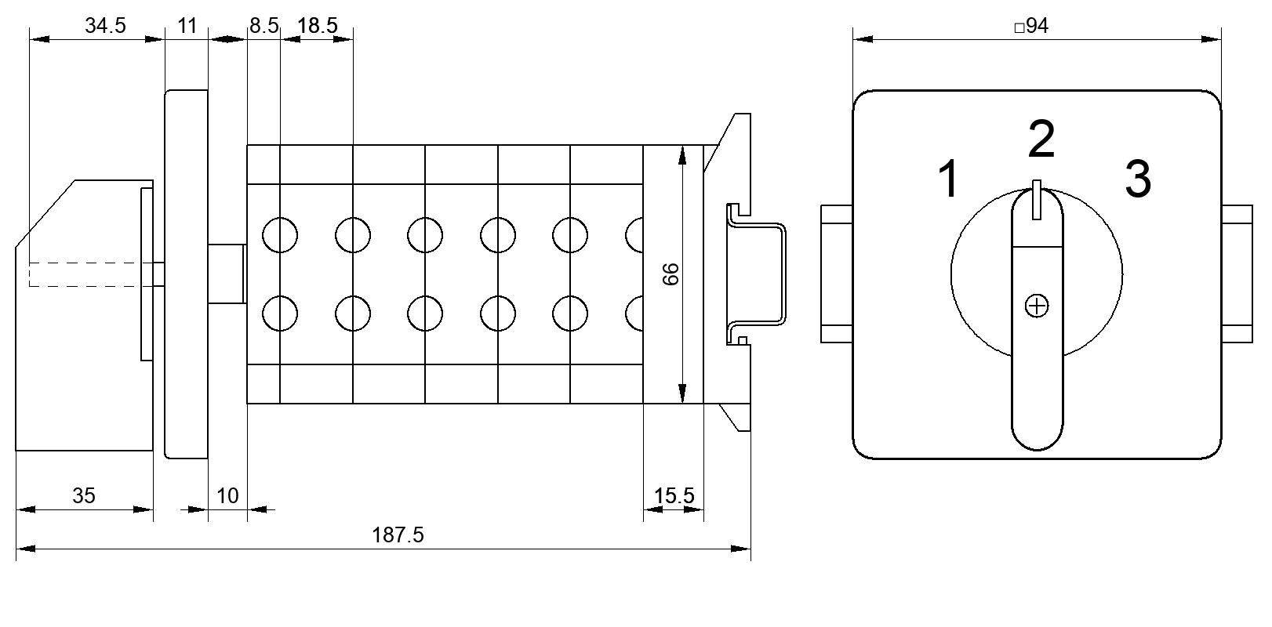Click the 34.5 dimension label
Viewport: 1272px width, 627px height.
click(105, 26)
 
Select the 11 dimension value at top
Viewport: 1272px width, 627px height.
click(187, 26)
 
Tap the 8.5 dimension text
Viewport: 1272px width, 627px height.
click(264, 26)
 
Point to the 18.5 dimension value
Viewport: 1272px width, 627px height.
click(318, 26)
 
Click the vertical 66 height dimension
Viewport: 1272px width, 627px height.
click(671, 274)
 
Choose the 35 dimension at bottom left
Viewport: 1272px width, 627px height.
click(83, 496)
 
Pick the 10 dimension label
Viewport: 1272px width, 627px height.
click(227, 496)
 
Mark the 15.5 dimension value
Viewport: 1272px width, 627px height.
click(674, 496)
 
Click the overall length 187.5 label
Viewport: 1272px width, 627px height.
click(398, 535)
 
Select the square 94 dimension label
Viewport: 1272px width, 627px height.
click(1031, 26)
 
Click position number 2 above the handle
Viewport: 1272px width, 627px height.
click(1041, 139)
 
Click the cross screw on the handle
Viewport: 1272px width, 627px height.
click(1037, 306)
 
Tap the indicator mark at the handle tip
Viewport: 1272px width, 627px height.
click(1037, 199)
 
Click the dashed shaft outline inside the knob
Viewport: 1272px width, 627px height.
click(85, 274)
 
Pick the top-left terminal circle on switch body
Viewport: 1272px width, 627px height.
click(280, 235)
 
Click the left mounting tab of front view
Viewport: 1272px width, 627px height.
click(837, 274)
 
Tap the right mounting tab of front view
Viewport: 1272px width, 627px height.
click(1237, 274)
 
